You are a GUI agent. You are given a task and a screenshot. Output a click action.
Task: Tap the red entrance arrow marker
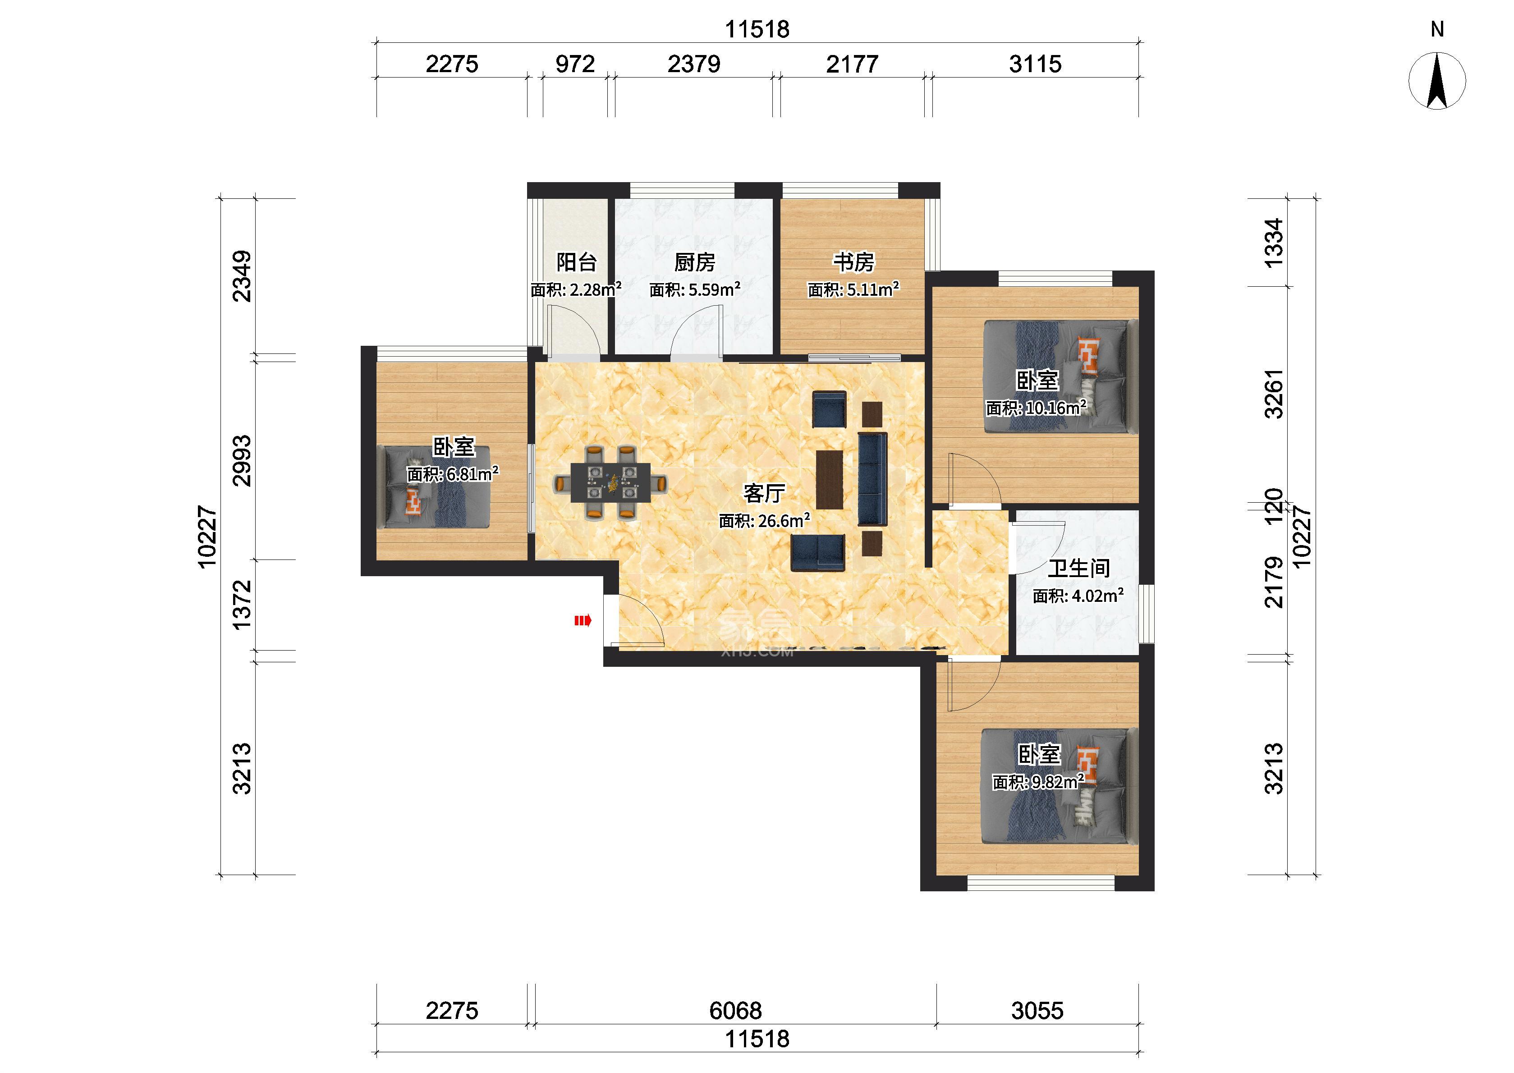[583, 620]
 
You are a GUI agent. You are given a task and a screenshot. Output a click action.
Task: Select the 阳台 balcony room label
[577, 262]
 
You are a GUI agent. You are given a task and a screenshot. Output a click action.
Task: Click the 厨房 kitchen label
[695, 262]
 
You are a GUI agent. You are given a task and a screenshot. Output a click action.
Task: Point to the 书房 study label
[853, 262]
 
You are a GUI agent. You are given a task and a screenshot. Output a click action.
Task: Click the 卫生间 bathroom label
[1079, 568]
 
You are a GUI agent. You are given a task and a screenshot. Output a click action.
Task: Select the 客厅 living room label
[764, 493]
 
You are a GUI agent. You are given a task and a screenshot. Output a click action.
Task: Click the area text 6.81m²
[473, 474]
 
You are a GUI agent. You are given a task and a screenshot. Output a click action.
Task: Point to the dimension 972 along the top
[575, 64]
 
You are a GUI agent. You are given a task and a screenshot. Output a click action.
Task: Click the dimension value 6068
[736, 1010]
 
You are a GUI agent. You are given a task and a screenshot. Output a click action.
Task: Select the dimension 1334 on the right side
[1274, 243]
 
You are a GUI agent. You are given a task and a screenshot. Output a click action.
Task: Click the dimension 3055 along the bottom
[1037, 1010]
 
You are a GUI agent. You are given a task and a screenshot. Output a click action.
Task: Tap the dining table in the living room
[610, 482]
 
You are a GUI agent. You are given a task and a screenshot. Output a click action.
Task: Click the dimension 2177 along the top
[852, 64]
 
